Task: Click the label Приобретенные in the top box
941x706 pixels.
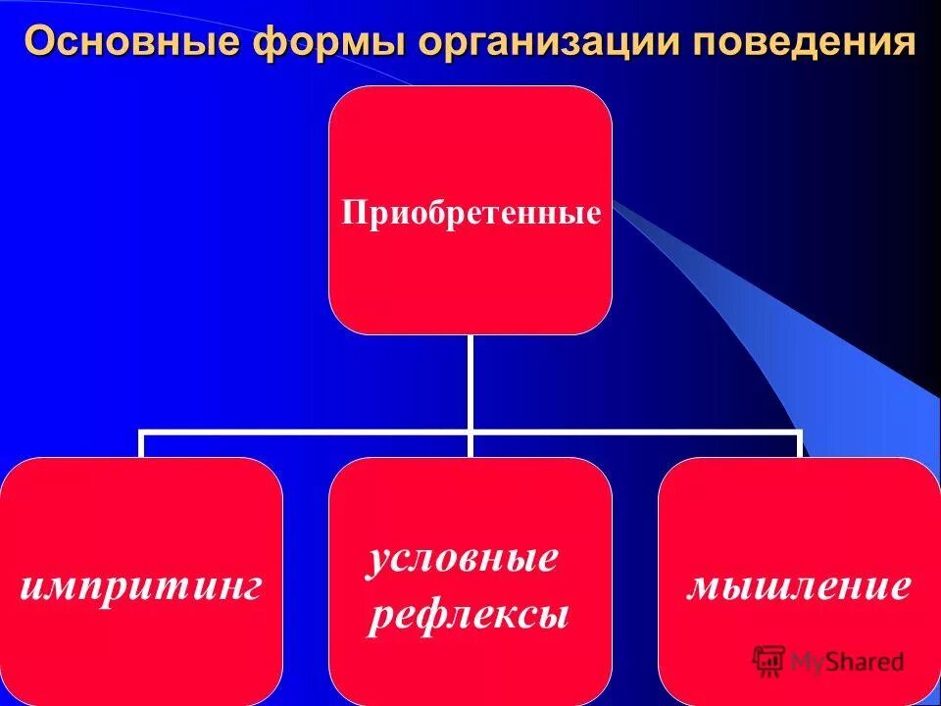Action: pos(470,213)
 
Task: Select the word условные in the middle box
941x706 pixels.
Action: pos(463,558)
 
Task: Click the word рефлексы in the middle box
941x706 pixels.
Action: pos(469,616)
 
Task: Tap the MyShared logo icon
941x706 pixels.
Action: pos(769,661)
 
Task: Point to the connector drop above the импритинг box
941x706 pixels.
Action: pos(142,444)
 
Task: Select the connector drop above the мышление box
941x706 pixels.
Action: pos(799,444)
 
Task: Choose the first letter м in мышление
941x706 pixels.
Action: pos(702,587)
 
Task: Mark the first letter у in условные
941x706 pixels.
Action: pos(378,560)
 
